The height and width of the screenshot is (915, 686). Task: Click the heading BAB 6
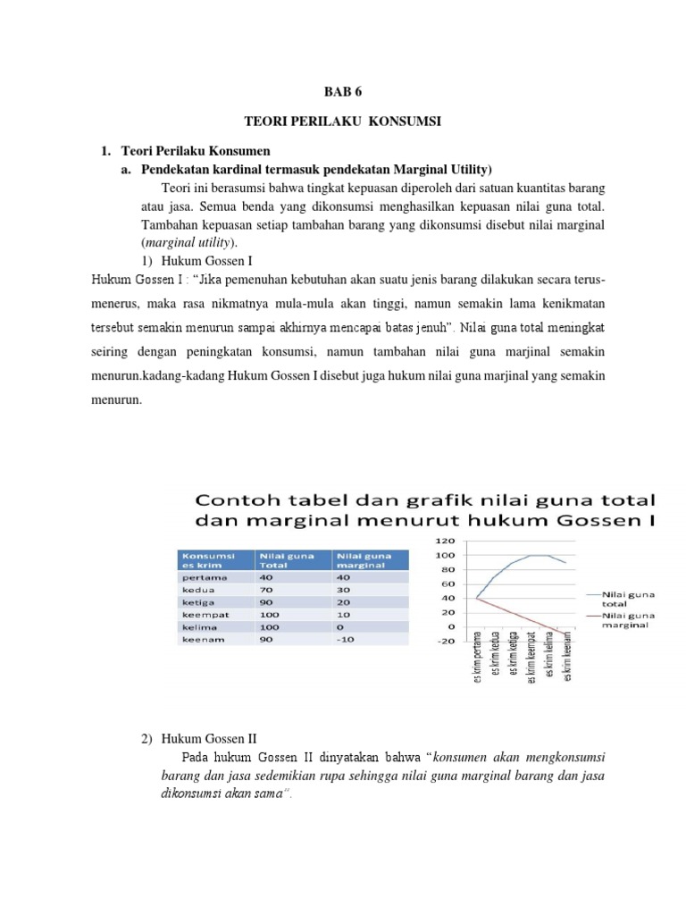(342, 90)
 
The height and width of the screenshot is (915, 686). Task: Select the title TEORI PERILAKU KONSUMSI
(343, 121)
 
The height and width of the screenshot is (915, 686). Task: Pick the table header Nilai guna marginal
(362, 560)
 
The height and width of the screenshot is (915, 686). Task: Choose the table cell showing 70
(265, 590)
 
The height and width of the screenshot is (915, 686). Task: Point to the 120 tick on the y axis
(445, 541)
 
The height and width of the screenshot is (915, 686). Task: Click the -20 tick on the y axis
(445, 641)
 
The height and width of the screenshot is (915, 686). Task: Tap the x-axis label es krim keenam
(568, 676)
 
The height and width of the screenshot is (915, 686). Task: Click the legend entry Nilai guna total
(629, 597)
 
